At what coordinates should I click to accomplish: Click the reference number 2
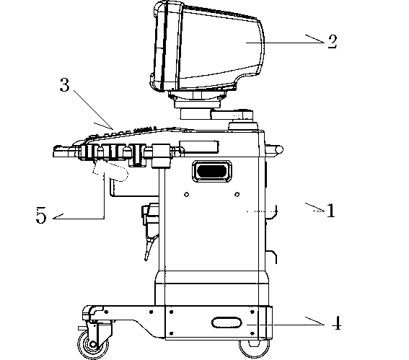pos(333,42)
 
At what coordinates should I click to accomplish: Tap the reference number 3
pos(65,85)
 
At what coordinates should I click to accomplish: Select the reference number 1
pos(331,210)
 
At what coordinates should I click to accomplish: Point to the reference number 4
pos(336,323)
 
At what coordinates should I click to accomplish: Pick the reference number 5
pos(41,215)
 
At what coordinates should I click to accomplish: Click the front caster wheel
pos(92,344)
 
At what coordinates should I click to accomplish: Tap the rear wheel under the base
pos(254,349)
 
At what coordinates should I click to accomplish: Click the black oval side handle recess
pos(212,172)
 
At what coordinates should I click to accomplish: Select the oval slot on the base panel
pos(227,322)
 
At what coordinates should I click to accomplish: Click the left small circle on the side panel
pos(187,194)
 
